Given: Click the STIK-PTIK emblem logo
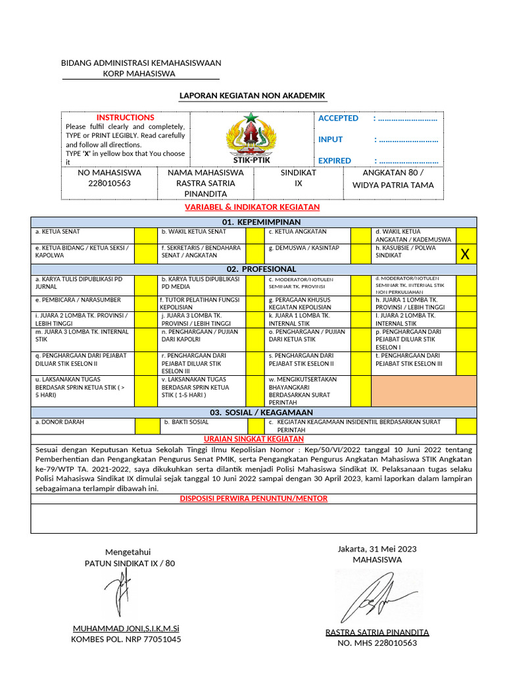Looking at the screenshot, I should click(x=251, y=136).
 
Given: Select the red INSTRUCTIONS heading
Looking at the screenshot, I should click(x=126, y=117).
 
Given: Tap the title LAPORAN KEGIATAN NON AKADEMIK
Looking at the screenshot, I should click(x=252, y=96).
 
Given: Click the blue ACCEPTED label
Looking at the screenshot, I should click(x=338, y=118).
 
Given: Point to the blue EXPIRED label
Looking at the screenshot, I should click(x=335, y=161).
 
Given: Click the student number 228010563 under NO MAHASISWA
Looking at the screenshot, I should click(x=110, y=184).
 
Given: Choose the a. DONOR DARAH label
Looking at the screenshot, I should click(x=60, y=421).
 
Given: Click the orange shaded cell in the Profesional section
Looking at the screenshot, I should click(x=423, y=392).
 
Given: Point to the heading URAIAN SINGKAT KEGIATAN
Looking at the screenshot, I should click(x=253, y=439).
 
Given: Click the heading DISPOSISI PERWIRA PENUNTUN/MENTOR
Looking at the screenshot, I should click(x=253, y=498).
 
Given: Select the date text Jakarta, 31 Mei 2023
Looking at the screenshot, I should click(x=377, y=549).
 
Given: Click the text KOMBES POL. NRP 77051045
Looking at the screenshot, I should click(x=126, y=639).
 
